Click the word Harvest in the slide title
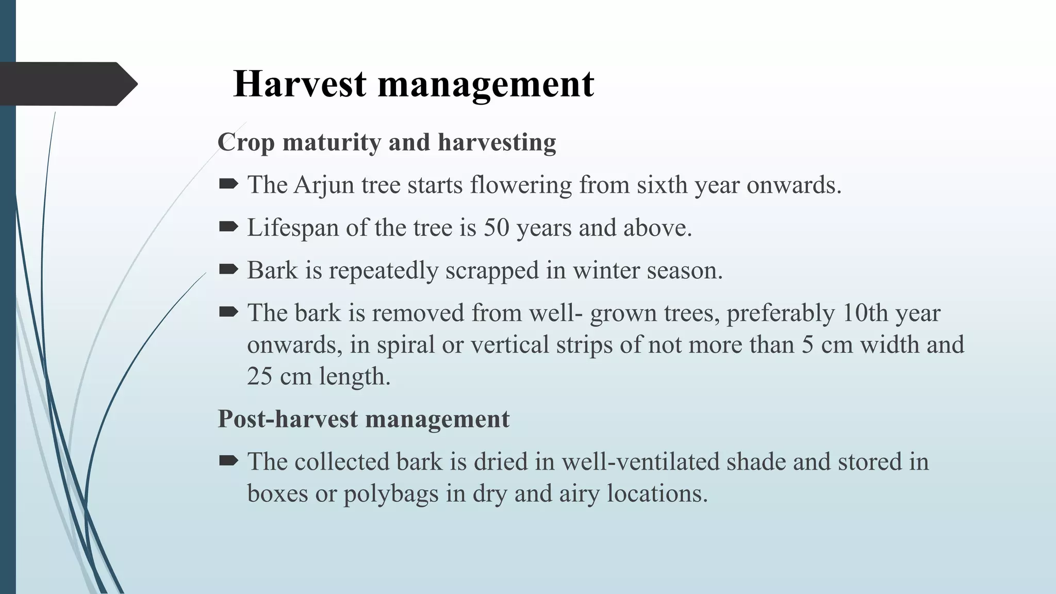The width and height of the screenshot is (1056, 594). tap(300, 84)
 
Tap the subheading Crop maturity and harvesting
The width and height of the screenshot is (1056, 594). tap(387, 143)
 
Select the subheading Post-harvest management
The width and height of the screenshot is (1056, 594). tap(364, 419)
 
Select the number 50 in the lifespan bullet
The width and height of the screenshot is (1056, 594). tap(496, 228)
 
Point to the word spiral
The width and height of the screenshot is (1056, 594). tap(405, 345)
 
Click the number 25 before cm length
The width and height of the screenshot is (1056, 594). tap(259, 376)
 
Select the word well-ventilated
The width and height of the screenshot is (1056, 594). tap(640, 461)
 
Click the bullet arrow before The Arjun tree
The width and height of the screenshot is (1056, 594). tap(228, 184)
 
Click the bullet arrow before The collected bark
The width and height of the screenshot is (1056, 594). tap(228, 460)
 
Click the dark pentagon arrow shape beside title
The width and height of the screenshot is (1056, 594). tap(67, 84)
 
